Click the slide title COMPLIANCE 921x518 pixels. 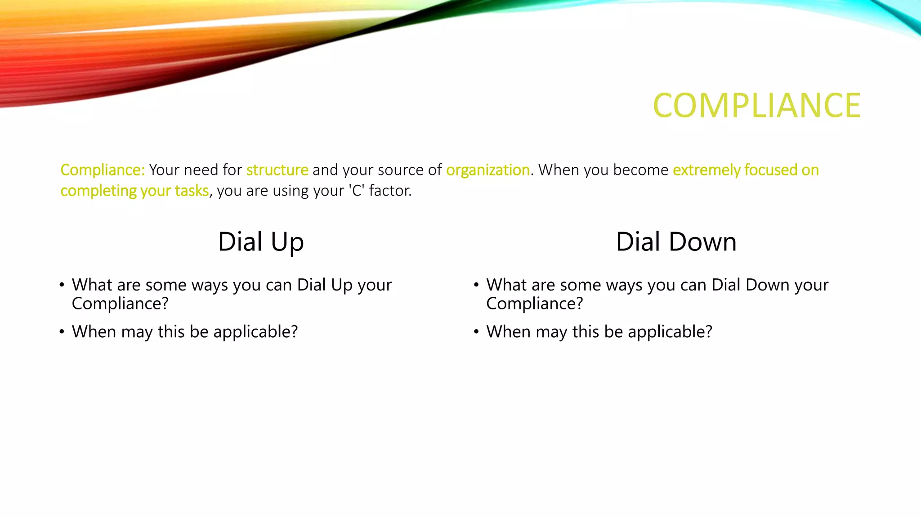(756, 106)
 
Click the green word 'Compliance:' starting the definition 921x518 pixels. (103, 170)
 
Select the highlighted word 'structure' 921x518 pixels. (277, 170)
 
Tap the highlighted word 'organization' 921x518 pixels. (487, 170)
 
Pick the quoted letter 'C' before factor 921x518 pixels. (357, 191)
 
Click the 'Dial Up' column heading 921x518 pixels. (261, 242)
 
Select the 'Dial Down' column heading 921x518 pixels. (676, 242)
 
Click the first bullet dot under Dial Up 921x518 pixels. (62, 285)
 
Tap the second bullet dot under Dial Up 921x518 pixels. (62, 332)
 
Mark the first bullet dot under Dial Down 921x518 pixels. (476, 285)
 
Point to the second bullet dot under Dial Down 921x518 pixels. (476, 332)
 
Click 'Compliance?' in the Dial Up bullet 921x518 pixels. (120, 304)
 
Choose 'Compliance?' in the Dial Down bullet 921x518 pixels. (535, 304)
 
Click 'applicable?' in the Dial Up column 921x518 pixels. (255, 332)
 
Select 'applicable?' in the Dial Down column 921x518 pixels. (670, 332)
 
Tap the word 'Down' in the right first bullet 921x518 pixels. (767, 285)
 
